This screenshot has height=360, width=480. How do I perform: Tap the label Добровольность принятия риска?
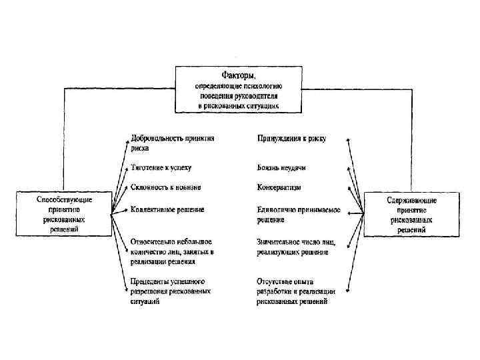pos(172,144)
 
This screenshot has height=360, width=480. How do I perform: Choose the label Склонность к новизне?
pos(166,187)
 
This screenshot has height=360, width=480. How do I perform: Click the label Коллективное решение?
pos(167,209)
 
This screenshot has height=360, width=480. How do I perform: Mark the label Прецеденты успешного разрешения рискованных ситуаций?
pos(171,291)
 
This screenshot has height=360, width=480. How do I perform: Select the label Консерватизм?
pos(280,187)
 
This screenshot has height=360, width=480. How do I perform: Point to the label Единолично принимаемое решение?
pos(298,213)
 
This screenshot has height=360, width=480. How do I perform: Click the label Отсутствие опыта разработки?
pos(295,291)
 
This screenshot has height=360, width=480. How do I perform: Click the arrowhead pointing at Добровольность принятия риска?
pos(127,141)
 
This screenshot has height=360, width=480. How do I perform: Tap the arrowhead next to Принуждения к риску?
pos(348,140)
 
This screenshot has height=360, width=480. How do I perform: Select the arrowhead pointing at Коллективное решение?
pos(127,210)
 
